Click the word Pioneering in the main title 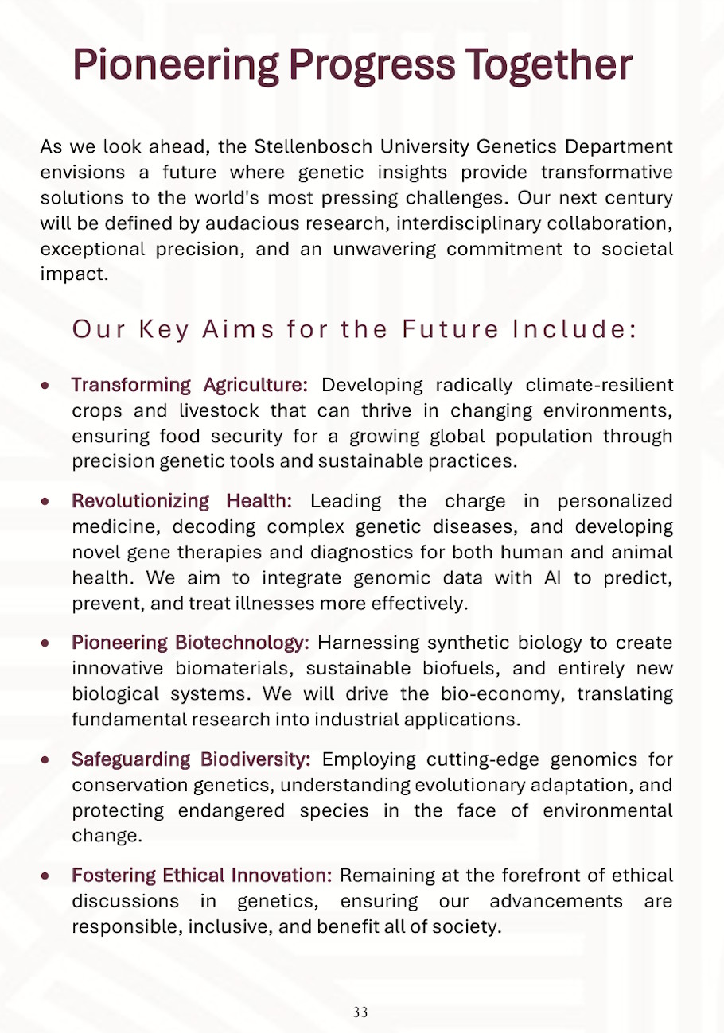pyautogui.click(x=176, y=65)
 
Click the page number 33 pyautogui.click(x=360, y=1012)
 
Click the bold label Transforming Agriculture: pyautogui.click(x=189, y=386)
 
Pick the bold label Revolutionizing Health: pyautogui.click(x=182, y=502)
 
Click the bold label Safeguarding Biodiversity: pyautogui.click(x=191, y=759)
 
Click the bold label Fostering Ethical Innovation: pyautogui.click(x=202, y=876)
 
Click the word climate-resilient pyautogui.click(x=600, y=386)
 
